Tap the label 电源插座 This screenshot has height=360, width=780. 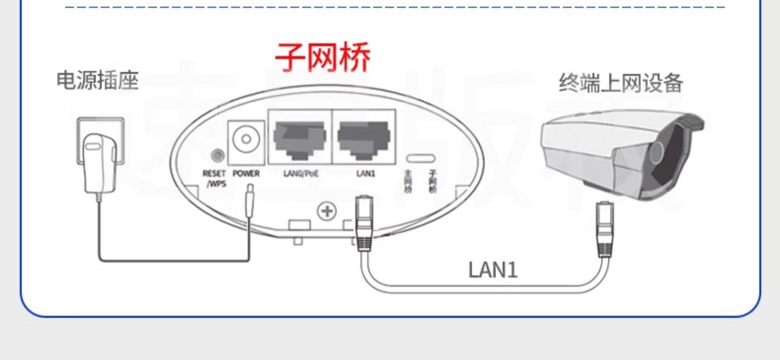coord(98,81)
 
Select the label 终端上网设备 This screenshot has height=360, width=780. coord(620,83)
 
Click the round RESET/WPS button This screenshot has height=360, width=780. coord(217,156)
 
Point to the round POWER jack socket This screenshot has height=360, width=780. coord(246,139)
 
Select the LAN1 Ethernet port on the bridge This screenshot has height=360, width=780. coord(364,136)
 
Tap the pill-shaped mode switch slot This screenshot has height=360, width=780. coord(421,157)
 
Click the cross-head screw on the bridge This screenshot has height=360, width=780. coord(327,211)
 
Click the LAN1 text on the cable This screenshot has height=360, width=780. coord(493,271)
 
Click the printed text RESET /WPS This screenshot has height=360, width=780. coord(214,178)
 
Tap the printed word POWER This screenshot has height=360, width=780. coord(245,174)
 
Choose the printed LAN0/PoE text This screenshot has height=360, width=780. coord(301,174)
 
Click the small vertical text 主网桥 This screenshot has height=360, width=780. coord(408,182)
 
